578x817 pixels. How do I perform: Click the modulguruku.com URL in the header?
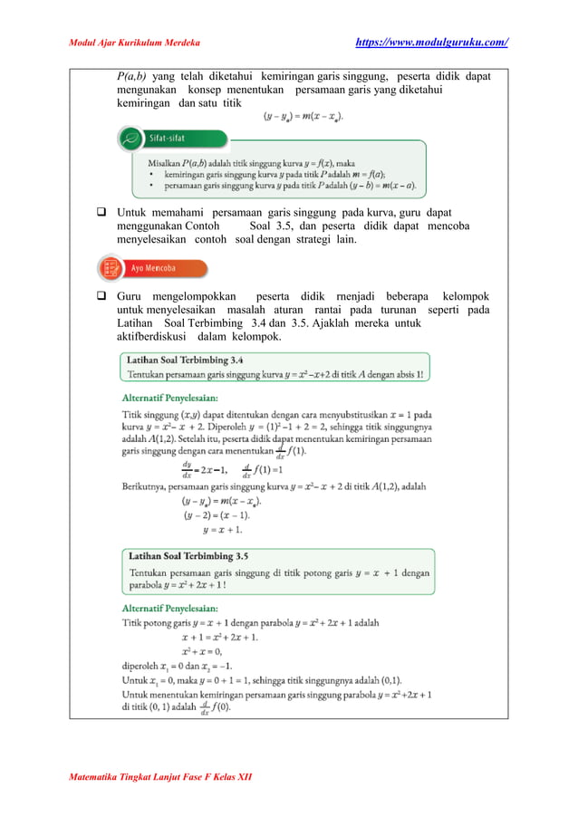click(432, 43)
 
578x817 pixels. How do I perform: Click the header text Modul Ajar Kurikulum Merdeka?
click(135, 43)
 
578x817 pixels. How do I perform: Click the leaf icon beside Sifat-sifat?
click(130, 139)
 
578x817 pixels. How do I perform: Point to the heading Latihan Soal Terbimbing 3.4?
click(189, 359)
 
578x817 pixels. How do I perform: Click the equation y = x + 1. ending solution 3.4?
click(222, 529)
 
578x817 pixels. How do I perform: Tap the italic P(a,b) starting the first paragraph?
click(134, 76)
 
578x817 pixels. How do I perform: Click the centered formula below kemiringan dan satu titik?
click(303, 117)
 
